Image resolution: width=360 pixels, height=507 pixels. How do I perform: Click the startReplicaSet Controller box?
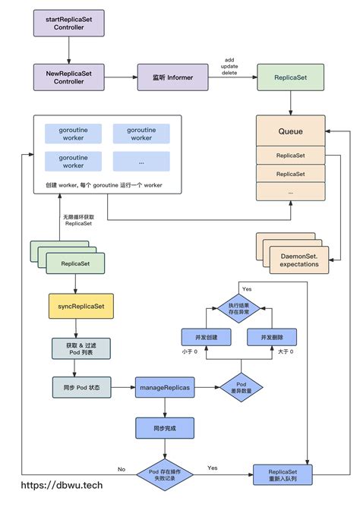coord(69,24)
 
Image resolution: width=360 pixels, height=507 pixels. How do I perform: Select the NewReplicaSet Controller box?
coord(69,77)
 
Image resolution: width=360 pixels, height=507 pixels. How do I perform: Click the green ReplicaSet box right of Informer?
coord(289,77)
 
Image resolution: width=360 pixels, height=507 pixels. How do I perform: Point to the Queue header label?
coord(289,131)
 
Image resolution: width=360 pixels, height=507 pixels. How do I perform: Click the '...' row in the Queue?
coord(289,193)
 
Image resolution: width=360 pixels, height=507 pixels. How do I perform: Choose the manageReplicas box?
coord(165,387)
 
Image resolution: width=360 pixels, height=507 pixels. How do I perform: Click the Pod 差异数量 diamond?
coord(241,387)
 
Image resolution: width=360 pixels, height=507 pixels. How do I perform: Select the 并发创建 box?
coord(206,337)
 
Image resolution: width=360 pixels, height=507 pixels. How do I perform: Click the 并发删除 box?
coord(272,337)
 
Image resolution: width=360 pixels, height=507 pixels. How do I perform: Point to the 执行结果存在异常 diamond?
coord(238,308)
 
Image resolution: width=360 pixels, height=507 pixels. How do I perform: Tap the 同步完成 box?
coord(165,427)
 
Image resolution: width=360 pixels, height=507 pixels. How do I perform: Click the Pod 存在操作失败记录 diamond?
coord(165,474)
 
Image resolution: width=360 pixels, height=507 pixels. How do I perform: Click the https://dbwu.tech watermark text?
coord(62,485)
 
